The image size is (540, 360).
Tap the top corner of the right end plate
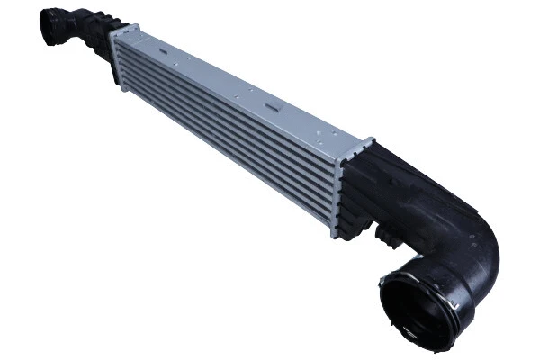371,139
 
